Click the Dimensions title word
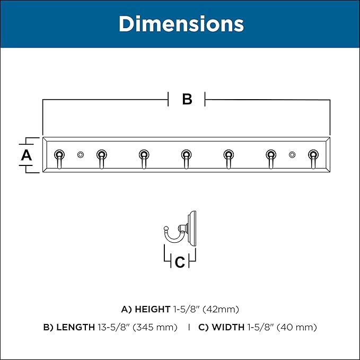tap(181, 24)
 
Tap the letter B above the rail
tap(187, 99)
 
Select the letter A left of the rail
tap(26, 155)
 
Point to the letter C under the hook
tap(180, 262)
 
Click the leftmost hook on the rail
tap(59, 159)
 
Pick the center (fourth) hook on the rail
tap(186, 159)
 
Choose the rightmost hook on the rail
tap(313, 159)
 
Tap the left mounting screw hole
tap(81, 155)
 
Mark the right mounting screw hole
tap(292, 155)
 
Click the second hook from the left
tap(102, 159)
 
